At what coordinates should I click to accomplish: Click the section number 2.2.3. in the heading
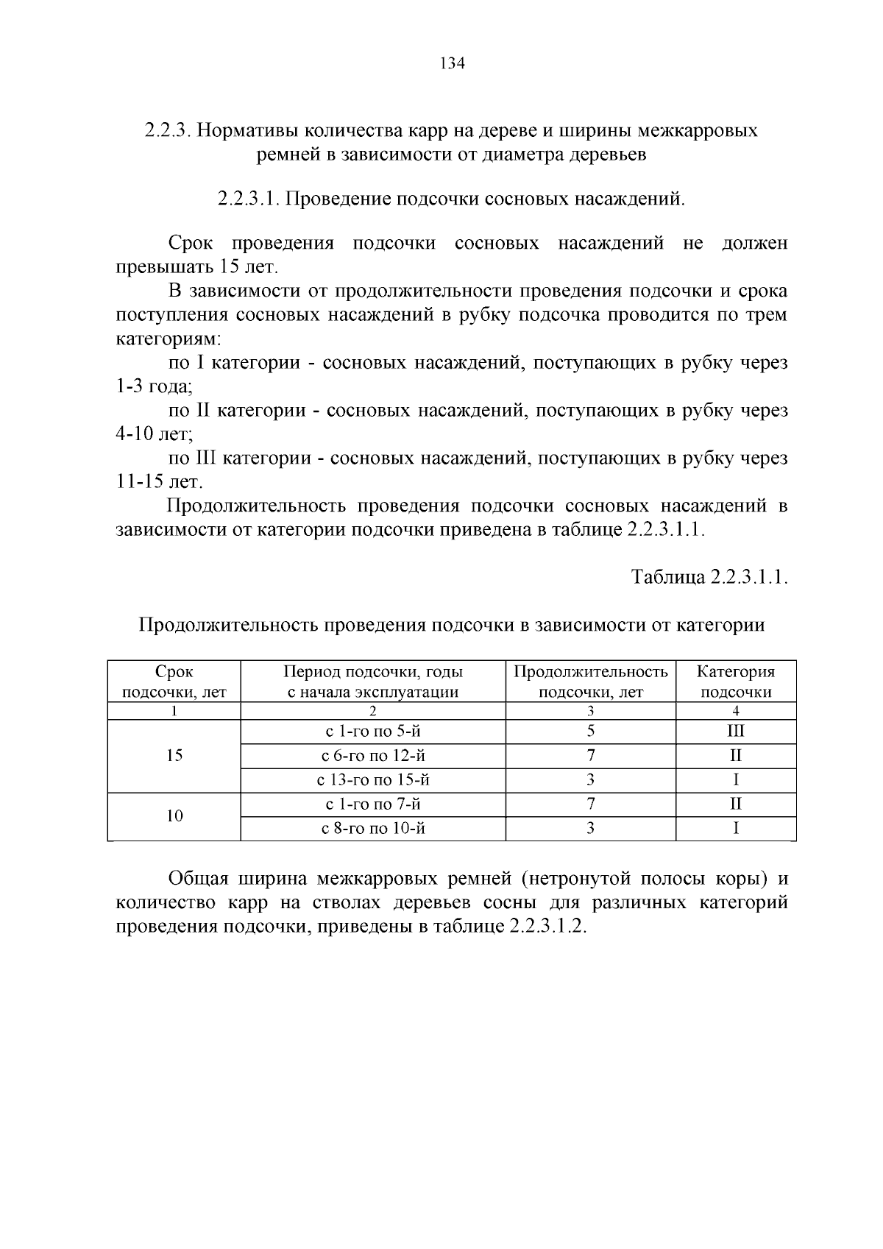(169, 131)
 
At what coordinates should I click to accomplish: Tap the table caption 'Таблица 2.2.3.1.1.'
(709, 577)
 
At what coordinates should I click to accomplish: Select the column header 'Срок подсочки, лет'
(174, 682)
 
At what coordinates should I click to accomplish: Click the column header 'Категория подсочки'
(736, 682)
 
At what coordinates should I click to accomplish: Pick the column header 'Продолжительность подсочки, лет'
(591, 682)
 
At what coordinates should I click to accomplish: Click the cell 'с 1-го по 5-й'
(373, 732)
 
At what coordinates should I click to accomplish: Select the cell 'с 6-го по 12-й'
(373, 756)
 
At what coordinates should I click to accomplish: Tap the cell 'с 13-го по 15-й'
(373, 780)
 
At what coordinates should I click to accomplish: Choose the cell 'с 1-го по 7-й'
(373, 804)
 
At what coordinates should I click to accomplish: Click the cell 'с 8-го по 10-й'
(373, 829)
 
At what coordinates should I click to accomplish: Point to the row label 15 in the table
(174, 756)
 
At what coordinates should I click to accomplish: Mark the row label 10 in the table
(174, 816)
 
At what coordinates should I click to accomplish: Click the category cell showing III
(736, 732)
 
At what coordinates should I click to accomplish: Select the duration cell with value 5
(591, 732)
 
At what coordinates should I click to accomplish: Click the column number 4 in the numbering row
(736, 711)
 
